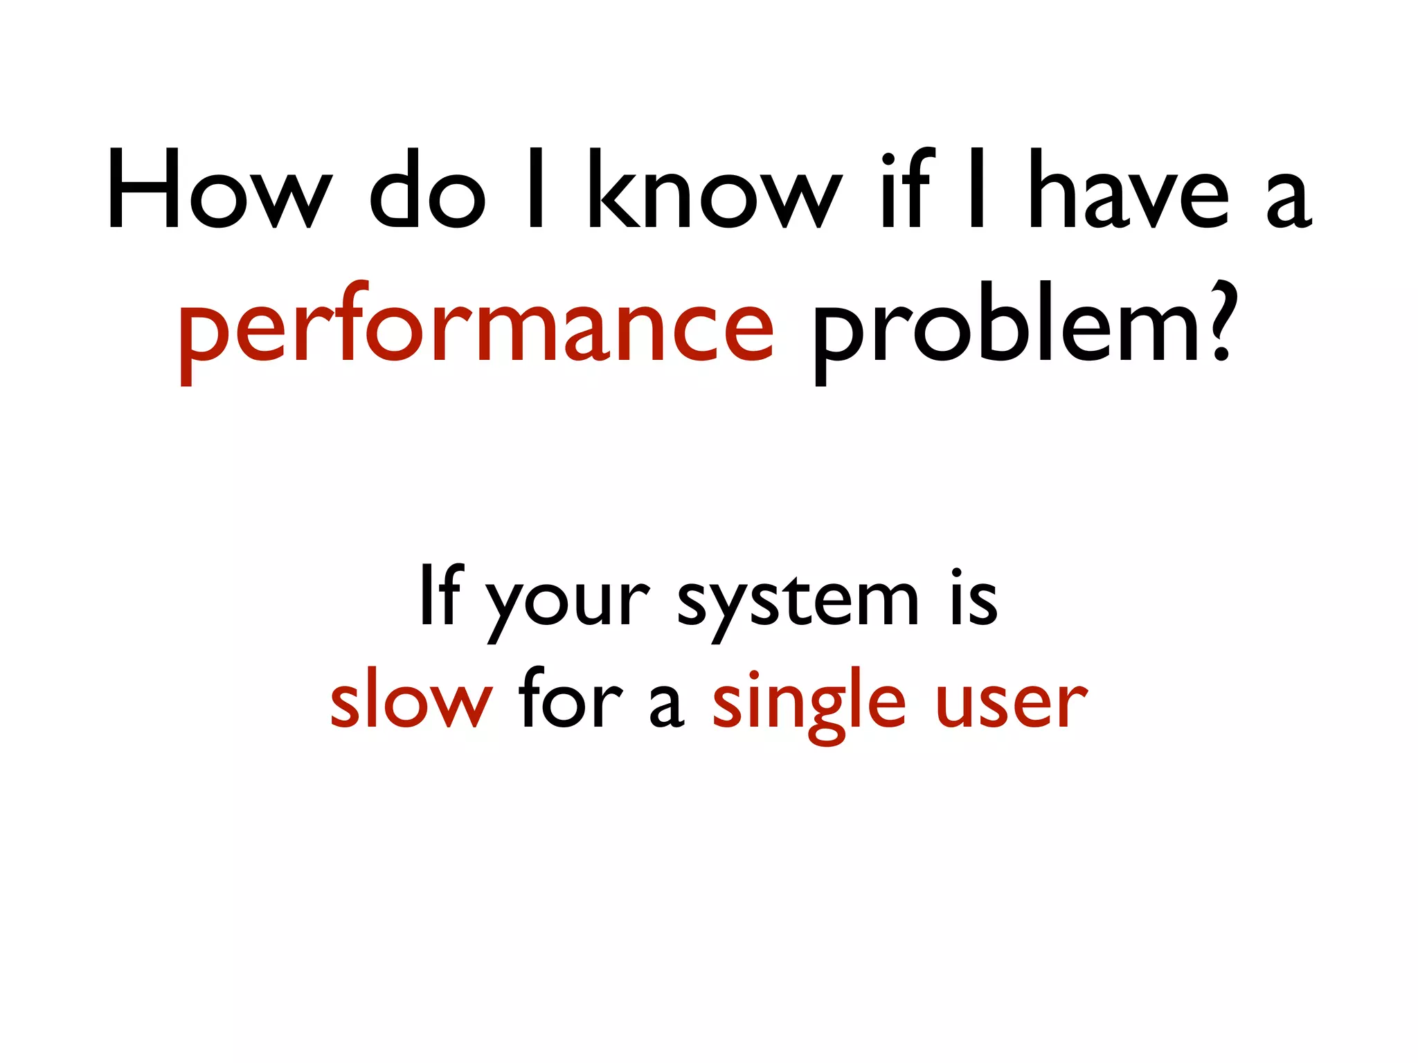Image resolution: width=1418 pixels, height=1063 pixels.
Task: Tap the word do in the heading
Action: click(x=427, y=190)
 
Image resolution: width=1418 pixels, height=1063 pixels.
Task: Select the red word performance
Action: click(x=476, y=329)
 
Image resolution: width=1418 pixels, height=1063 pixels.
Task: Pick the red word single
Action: click(x=809, y=705)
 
